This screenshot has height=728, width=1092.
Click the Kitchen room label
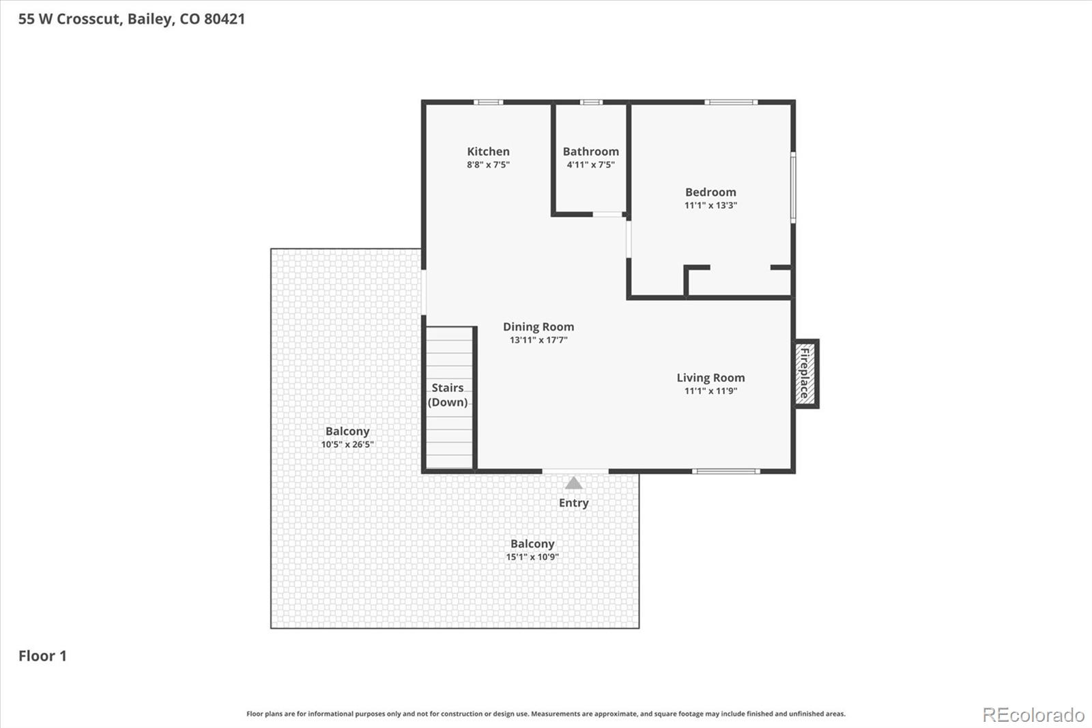(488, 152)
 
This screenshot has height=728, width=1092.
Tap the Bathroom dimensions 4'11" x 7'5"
(590, 165)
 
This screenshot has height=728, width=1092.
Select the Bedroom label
(710, 192)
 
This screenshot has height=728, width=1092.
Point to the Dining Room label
(538, 326)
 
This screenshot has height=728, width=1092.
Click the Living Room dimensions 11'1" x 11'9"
(710, 391)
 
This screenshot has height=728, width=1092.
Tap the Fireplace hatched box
(805, 374)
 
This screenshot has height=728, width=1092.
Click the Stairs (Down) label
(448, 395)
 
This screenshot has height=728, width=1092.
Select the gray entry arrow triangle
(574, 484)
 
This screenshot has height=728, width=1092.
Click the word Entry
(573, 503)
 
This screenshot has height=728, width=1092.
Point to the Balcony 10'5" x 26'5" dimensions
(347, 445)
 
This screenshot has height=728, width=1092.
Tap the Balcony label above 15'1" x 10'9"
(532, 544)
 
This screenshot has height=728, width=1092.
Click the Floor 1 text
(42, 656)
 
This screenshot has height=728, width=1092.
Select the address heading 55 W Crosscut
(131, 18)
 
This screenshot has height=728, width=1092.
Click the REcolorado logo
(1033, 714)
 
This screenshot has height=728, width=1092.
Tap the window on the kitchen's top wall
(488, 102)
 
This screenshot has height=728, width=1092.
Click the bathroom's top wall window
(591, 102)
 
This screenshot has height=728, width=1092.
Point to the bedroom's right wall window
(793, 187)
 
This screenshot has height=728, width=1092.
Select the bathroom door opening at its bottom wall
(608, 214)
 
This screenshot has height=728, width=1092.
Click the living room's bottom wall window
(725, 471)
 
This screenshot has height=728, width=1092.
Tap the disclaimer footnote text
(546, 714)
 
